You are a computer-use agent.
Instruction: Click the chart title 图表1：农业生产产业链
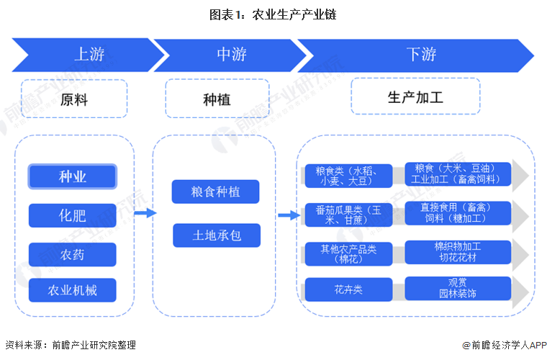(x=273, y=14)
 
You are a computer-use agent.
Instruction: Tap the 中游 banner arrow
(x=230, y=55)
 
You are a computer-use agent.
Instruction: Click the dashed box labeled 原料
(x=74, y=99)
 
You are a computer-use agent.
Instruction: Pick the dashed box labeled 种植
(x=217, y=99)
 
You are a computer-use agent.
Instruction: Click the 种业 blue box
(x=72, y=176)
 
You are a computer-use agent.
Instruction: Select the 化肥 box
(x=72, y=215)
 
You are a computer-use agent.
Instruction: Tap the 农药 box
(x=72, y=253)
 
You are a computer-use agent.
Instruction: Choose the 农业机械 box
(x=72, y=291)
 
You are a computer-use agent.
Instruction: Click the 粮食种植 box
(x=216, y=192)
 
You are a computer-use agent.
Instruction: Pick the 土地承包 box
(x=216, y=235)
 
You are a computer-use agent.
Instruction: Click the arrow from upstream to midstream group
(x=145, y=213)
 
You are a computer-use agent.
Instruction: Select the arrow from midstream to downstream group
(x=288, y=214)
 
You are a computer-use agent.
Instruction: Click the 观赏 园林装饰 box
(x=458, y=289)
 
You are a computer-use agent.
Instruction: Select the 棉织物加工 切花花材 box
(x=458, y=252)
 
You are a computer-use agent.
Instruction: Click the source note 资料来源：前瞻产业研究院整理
(x=70, y=346)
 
